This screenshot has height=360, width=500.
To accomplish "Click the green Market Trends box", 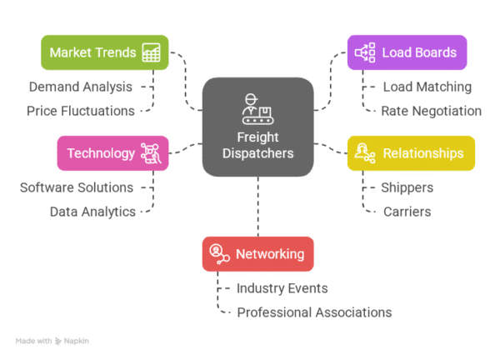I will [x=104, y=52].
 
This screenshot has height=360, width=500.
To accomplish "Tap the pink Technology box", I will [x=112, y=153].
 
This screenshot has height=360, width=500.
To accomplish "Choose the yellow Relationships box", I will [x=411, y=153].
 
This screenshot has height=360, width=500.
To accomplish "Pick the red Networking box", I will [x=257, y=254].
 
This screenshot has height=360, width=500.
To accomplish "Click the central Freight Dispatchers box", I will [x=257, y=127].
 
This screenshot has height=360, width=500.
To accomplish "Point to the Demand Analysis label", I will [x=80, y=86].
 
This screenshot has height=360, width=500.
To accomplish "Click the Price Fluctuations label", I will [x=79, y=110].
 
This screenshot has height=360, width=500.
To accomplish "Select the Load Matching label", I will [x=427, y=87].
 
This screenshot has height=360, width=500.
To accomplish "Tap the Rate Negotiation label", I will [x=431, y=111].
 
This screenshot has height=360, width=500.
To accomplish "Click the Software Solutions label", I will [x=76, y=187].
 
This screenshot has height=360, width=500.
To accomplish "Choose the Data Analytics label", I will [x=92, y=212].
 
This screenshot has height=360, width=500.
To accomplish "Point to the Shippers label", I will [x=407, y=187].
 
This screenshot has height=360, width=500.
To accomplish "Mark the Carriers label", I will [x=407, y=212].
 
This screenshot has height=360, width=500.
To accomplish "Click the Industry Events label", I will [x=282, y=288].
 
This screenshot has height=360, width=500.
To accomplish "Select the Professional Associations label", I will [x=314, y=312].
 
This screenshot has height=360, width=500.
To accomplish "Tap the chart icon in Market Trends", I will [x=151, y=52].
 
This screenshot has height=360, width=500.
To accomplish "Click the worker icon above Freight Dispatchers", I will [x=251, y=107].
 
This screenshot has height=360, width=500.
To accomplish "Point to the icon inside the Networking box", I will [x=218, y=254].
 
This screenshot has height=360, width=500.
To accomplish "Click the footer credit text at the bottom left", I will [x=52, y=341].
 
